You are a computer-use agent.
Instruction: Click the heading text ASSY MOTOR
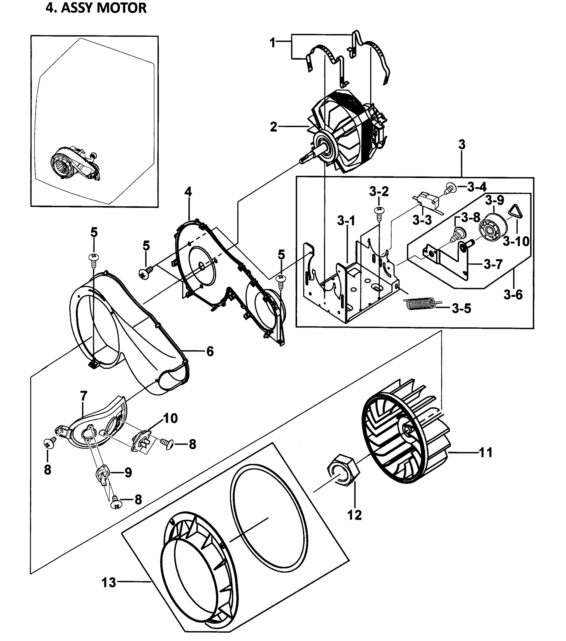(x=103, y=7)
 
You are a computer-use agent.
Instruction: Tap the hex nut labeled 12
(x=343, y=471)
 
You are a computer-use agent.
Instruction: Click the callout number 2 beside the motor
(x=273, y=127)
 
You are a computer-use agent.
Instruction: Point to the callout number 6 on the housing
(x=210, y=351)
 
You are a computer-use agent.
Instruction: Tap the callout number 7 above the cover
(x=83, y=396)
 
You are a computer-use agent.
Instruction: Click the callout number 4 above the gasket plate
(x=188, y=191)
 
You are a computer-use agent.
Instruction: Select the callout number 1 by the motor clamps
(x=272, y=42)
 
